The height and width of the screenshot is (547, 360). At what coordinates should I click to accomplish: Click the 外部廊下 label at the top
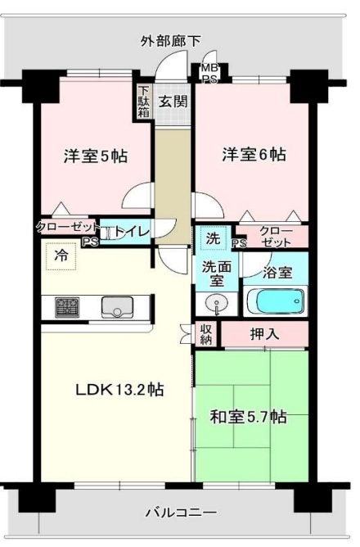[171, 42]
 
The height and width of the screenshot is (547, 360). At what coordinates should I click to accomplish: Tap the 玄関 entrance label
[173, 102]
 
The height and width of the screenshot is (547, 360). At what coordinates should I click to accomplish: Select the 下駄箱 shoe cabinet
[143, 102]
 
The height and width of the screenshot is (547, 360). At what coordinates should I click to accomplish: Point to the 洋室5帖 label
[96, 156]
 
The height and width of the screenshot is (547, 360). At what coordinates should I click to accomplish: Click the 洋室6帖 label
[254, 154]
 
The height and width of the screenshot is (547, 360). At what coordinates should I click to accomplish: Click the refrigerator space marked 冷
[61, 256]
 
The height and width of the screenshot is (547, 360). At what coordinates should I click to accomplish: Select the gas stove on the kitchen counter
[67, 307]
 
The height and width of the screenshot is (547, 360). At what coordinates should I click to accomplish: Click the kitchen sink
[117, 307]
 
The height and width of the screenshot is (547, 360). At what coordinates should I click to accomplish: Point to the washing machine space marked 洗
[214, 238]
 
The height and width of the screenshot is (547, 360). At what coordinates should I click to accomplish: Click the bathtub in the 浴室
[275, 301]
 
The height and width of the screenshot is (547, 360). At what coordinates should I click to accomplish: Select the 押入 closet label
[265, 334]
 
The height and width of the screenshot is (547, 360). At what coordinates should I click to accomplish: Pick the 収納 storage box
[206, 334]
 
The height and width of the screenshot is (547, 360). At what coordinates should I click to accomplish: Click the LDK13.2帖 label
[119, 389]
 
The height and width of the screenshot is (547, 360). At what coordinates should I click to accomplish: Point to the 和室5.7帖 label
[248, 417]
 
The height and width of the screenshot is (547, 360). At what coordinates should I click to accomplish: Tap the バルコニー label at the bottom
[181, 513]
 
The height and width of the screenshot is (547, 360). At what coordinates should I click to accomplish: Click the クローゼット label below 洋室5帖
[68, 228]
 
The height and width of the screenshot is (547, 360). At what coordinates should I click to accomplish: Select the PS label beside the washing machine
[240, 243]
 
